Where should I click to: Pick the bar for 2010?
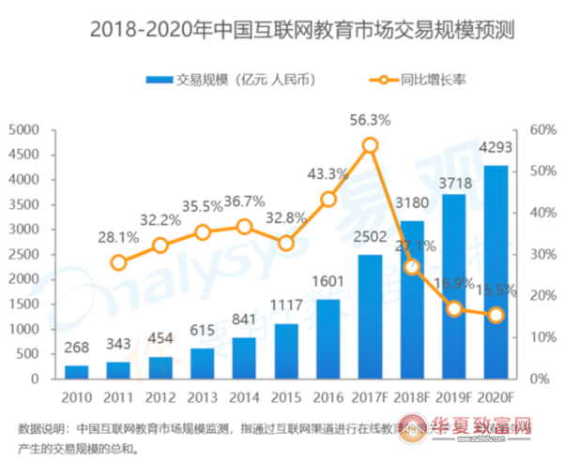[x=77, y=371]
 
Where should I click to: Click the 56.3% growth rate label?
[x=370, y=120]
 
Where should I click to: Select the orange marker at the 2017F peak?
[x=370, y=145]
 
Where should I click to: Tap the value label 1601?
[x=327, y=283]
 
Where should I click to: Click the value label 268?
[x=77, y=349]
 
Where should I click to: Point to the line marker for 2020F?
[x=495, y=315]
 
